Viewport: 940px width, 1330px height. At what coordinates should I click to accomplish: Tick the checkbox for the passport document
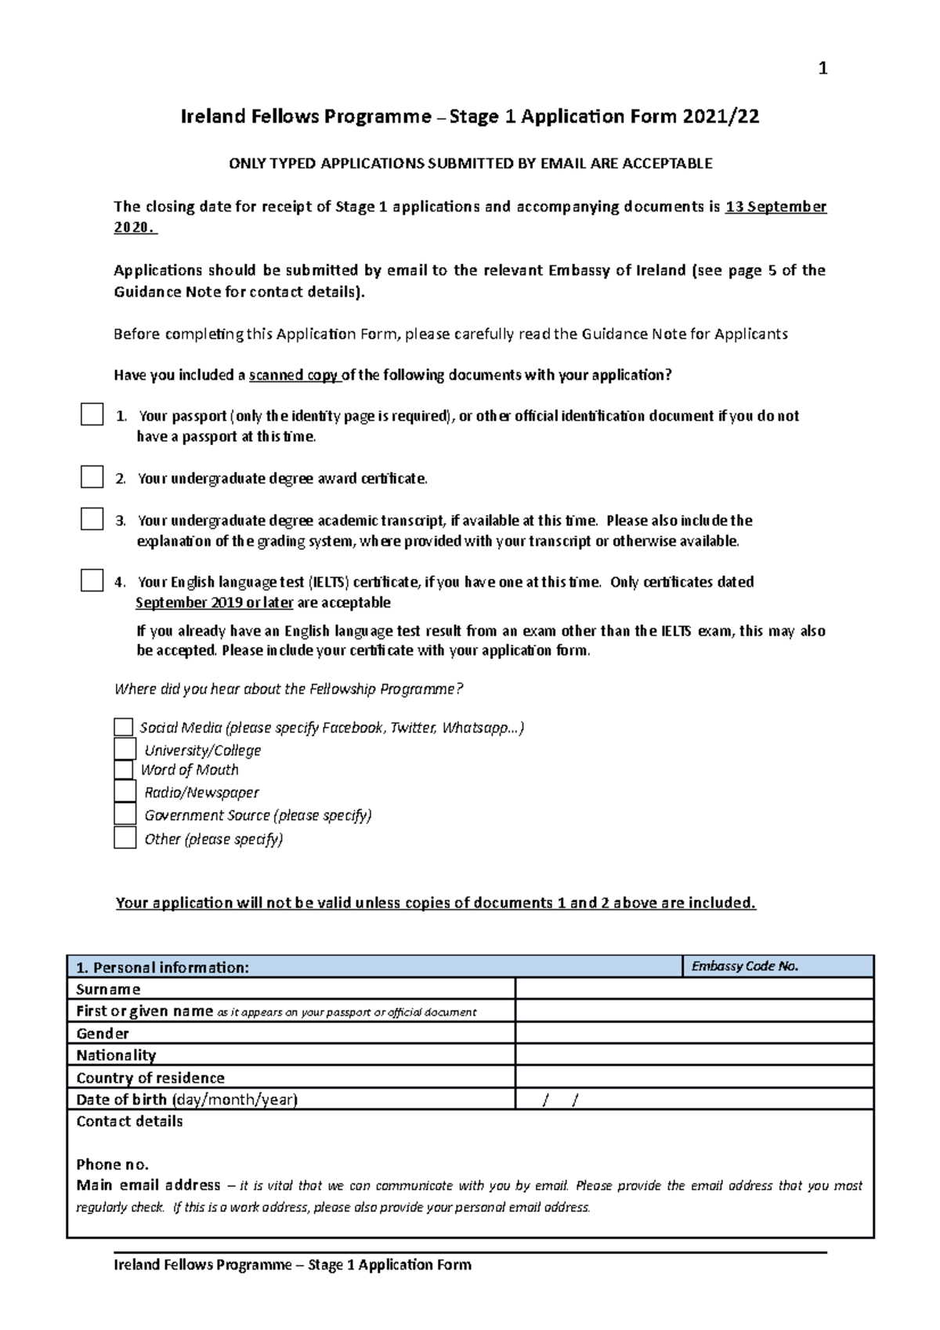pyautogui.click(x=92, y=414)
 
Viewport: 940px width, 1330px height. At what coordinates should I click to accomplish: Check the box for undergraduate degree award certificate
pyautogui.click(x=92, y=477)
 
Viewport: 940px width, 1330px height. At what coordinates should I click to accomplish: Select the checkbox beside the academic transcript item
pyautogui.click(x=92, y=519)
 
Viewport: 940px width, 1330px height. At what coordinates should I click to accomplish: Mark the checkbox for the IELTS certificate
pyautogui.click(x=92, y=580)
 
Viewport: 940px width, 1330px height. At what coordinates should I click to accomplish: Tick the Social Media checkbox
pyautogui.click(x=124, y=727)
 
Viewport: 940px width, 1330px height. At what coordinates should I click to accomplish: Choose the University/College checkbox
pyautogui.click(x=125, y=749)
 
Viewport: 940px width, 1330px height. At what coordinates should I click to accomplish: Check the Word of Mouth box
pyautogui.click(x=124, y=770)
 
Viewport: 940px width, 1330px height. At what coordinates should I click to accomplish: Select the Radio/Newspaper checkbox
pyautogui.click(x=125, y=792)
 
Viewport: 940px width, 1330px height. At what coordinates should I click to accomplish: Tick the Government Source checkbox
pyautogui.click(x=125, y=815)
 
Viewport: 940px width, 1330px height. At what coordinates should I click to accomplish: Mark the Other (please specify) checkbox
pyautogui.click(x=125, y=838)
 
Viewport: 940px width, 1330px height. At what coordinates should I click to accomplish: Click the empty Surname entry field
pyautogui.click(x=694, y=988)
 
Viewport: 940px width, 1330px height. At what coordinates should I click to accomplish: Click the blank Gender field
pyautogui.click(x=694, y=1033)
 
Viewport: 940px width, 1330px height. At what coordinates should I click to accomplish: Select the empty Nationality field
pyautogui.click(x=694, y=1055)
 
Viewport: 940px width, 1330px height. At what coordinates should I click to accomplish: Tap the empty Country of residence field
pyautogui.click(x=694, y=1077)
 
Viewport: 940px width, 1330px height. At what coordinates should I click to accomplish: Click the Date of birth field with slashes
pyautogui.click(x=694, y=1099)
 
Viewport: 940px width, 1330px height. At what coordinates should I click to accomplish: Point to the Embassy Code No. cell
pyautogui.click(x=778, y=967)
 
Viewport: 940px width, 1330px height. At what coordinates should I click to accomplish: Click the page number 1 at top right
pyautogui.click(x=822, y=69)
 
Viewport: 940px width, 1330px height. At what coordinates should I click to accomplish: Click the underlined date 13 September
pyautogui.click(x=775, y=207)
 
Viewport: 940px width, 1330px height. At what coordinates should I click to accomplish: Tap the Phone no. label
pyautogui.click(x=112, y=1164)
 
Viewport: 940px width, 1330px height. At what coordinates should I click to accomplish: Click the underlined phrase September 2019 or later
pyautogui.click(x=215, y=602)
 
